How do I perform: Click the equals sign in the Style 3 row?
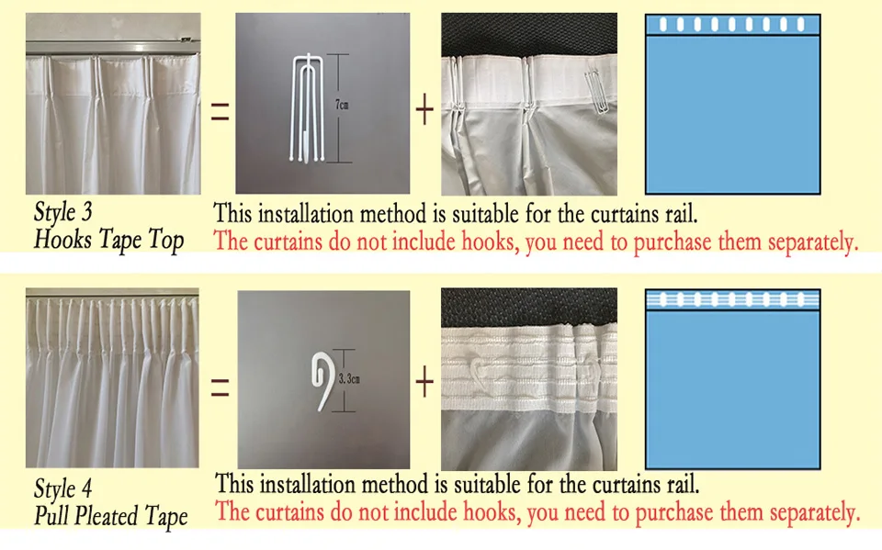(220, 112)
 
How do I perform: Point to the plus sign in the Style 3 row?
(424, 110)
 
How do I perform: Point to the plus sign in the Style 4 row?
(424, 382)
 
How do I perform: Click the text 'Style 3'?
(62, 213)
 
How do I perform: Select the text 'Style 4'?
(62, 488)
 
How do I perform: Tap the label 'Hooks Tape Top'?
(108, 241)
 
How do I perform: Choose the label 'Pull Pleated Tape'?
(110, 516)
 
